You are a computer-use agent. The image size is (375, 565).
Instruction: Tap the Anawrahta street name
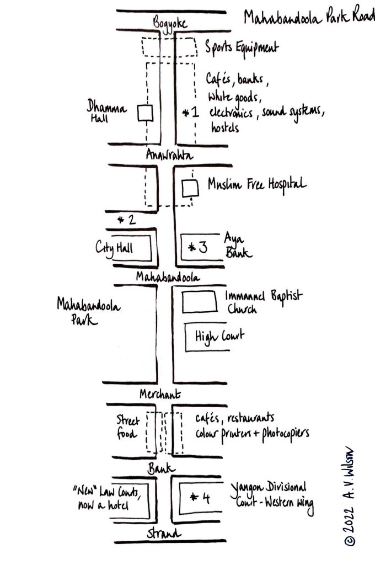169,156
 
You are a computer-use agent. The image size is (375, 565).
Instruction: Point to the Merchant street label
160,394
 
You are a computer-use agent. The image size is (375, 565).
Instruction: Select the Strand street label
164,534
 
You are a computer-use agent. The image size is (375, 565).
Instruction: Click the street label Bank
161,468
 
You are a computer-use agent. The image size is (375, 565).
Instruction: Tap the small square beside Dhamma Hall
144,113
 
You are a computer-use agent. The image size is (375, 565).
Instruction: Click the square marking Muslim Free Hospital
190,188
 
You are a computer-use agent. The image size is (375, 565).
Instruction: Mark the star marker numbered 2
127,220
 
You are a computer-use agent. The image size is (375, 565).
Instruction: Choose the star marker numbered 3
197,247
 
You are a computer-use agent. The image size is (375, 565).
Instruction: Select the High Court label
217,335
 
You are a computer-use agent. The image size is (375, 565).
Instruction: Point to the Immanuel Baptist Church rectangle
200,301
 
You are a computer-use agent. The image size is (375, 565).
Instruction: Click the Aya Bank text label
238,246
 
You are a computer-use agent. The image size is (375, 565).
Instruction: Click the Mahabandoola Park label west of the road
88,312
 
